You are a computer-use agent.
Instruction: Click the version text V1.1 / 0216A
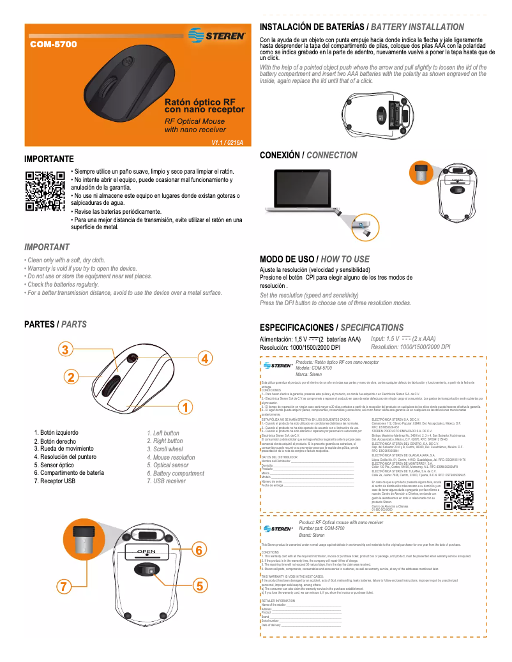tap(227, 142)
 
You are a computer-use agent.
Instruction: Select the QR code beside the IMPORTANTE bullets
tap(45, 191)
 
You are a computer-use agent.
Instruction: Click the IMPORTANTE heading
tap(49, 158)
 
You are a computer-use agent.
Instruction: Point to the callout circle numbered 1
tap(184, 406)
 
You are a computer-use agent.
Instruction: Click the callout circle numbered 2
tap(70, 376)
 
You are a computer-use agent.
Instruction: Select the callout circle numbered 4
tap(204, 358)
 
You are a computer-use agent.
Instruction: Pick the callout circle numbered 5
tap(199, 585)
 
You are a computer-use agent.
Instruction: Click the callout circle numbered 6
tap(199, 549)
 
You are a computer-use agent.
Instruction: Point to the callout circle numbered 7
tap(63, 586)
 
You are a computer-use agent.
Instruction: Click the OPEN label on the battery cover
tap(146, 551)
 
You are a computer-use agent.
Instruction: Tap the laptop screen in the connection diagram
tap(301, 188)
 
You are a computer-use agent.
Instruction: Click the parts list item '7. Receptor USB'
tap(55, 481)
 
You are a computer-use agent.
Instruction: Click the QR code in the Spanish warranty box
tap(458, 495)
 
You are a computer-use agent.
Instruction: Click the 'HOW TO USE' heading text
tap(345, 259)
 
